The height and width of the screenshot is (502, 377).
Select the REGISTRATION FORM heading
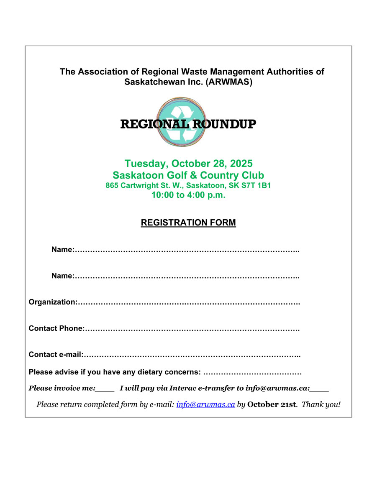click(188, 223)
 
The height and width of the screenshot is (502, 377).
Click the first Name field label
click(63, 250)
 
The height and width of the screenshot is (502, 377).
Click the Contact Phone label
click(56, 328)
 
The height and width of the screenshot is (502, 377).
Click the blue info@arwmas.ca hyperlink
click(205, 405)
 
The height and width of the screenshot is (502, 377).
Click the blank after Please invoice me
click(105, 389)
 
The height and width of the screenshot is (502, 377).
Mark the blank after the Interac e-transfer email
click(320, 389)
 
